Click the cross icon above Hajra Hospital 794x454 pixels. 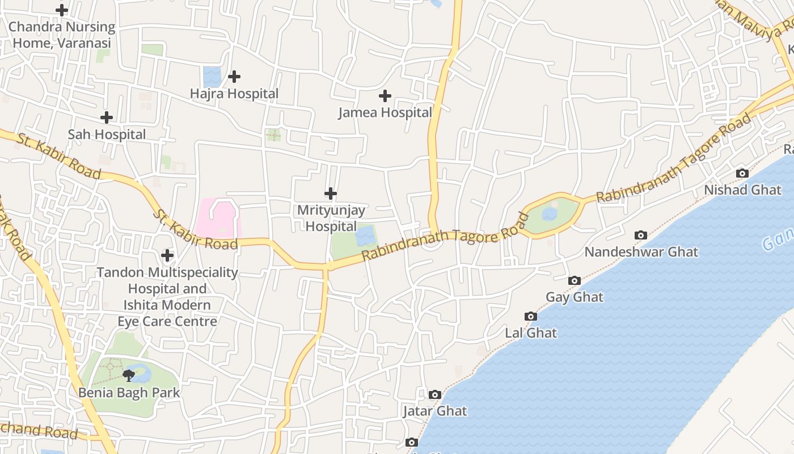[x=234, y=77]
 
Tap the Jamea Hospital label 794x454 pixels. [x=385, y=112]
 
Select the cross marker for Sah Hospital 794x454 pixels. [x=107, y=117]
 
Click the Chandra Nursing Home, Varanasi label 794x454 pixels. [x=62, y=35]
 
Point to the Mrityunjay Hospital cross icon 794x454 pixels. [x=331, y=194]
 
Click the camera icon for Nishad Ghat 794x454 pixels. [x=742, y=173]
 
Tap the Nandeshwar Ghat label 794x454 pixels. [x=641, y=251]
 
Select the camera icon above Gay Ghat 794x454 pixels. [x=575, y=280]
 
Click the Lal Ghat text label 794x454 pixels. [x=531, y=333]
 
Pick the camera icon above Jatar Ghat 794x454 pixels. [x=435, y=394]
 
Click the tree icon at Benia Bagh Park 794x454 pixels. [x=129, y=375]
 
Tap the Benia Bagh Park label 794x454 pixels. [x=129, y=392]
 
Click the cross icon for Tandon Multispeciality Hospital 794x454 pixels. [x=167, y=255]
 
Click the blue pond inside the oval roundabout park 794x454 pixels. [x=549, y=214]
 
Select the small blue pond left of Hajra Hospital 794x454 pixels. [x=212, y=77]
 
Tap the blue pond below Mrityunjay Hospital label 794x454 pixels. [x=366, y=235]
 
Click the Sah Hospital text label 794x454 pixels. [x=107, y=134]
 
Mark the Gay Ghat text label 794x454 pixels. [x=575, y=297]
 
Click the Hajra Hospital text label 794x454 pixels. [x=234, y=94]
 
